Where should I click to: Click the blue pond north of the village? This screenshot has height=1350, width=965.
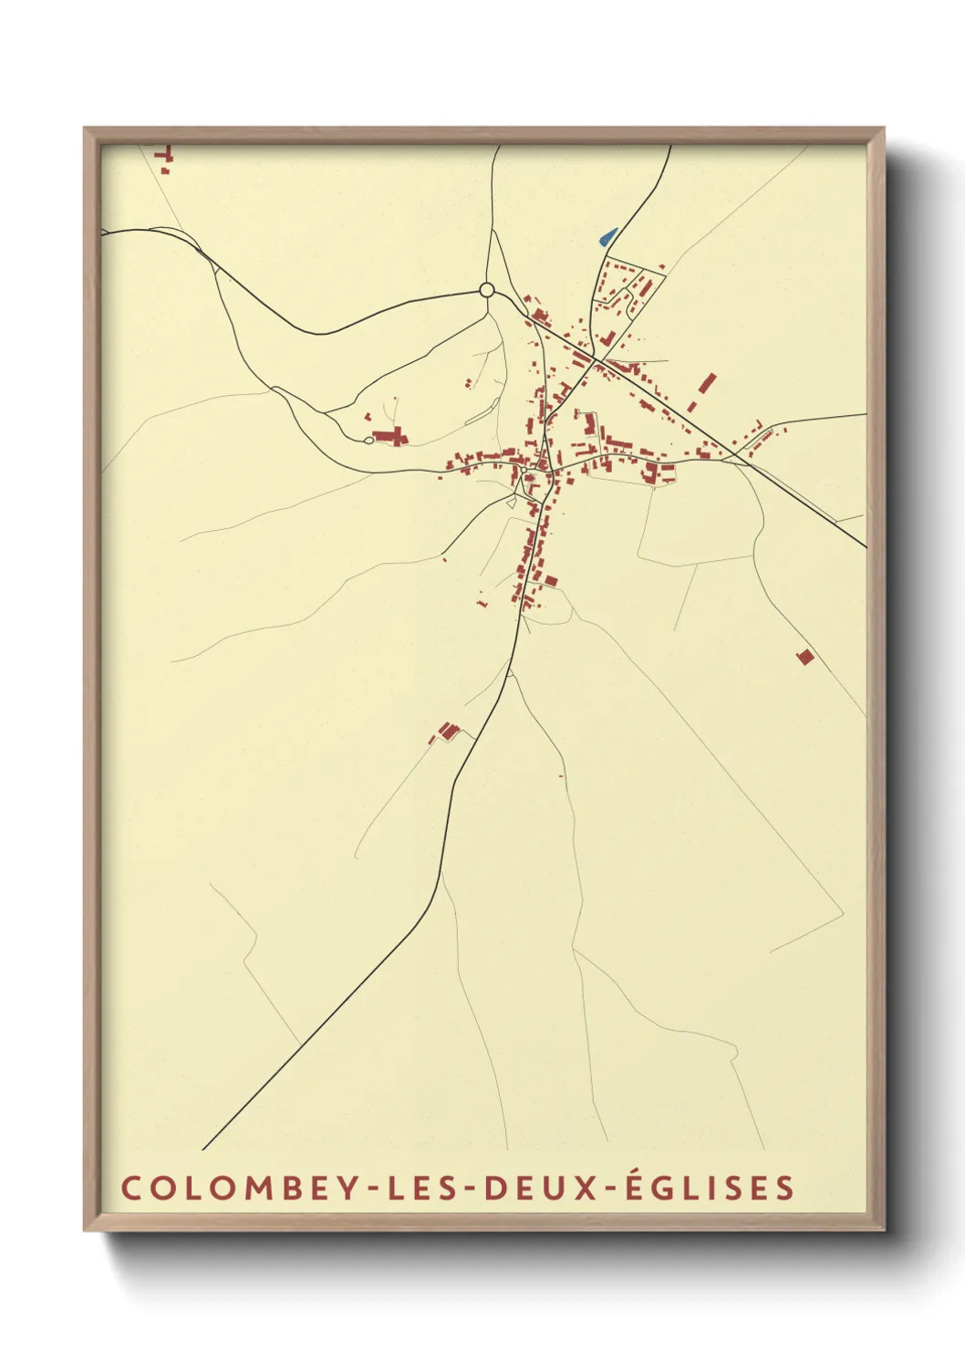(x=607, y=236)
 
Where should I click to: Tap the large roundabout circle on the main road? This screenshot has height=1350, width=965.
(x=487, y=290)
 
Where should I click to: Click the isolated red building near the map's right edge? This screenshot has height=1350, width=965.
(x=804, y=656)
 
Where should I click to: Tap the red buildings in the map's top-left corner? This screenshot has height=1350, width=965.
(x=165, y=159)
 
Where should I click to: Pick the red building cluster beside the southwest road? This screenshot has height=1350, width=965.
(x=446, y=731)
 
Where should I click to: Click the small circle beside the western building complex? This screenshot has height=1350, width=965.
(x=368, y=441)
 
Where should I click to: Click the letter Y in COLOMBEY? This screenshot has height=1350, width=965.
(x=347, y=1188)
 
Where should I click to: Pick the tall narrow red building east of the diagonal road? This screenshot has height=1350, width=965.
(x=707, y=382)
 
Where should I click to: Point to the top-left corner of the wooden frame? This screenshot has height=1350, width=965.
(x=85, y=129)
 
